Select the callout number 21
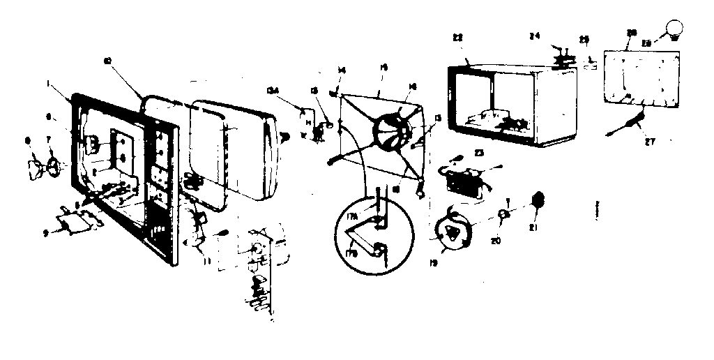tap(534, 227)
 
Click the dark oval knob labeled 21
tap(538, 200)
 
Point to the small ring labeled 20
tap(503, 214)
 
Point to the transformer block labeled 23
tap(462, 180)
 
